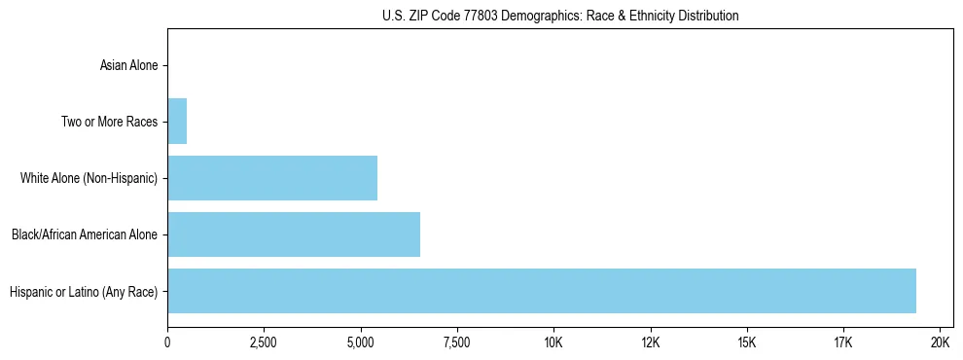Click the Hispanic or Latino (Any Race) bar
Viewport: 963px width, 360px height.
542,291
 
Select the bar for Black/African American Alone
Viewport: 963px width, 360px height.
294,234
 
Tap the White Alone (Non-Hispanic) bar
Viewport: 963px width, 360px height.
272,178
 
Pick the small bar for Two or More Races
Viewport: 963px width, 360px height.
177,122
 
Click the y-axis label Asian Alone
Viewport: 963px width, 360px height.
128,66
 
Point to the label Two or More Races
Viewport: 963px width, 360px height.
109,123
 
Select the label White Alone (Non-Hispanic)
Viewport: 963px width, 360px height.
89,179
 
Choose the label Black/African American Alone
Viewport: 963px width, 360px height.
84,235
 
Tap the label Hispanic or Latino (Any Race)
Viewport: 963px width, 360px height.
83,292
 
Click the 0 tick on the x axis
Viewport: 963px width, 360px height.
167,342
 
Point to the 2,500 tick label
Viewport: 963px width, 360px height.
264,342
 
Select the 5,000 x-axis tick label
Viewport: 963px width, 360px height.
360,342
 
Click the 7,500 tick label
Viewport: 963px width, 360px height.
456,342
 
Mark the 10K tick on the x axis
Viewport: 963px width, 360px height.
553,342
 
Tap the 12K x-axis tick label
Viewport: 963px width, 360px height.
650,342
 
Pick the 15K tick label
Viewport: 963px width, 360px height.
746,342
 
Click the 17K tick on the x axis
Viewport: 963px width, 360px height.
842,342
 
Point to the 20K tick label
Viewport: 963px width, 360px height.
940,342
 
